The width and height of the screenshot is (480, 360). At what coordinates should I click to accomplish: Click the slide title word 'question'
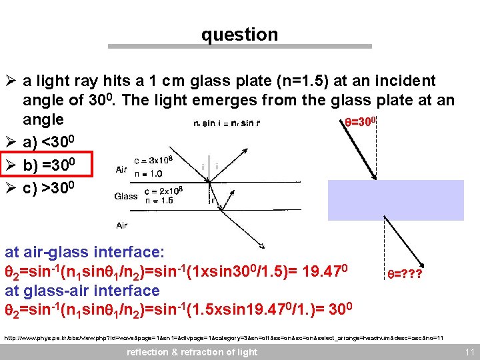[x=239, y=35]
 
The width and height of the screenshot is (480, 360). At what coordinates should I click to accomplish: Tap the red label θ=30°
[x=361, y=121]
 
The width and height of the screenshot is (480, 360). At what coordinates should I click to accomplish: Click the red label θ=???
[x=405, y=273]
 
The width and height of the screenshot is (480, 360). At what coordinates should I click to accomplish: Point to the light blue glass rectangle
[x=395, y=199]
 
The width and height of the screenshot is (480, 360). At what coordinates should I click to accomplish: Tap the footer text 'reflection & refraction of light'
[x=192, y=352]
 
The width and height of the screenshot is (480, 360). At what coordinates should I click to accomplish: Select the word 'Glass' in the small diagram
[x=126, y=196]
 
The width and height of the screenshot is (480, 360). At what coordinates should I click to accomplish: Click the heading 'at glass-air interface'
[x=82, y=291]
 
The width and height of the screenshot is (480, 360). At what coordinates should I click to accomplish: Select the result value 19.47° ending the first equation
[x=333, y=271]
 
